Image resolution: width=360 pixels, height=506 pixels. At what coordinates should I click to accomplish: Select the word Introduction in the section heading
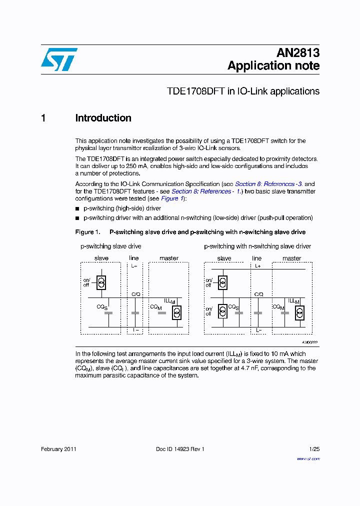coord(103,118)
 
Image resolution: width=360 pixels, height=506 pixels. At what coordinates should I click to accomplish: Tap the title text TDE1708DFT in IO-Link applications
coord(243,91)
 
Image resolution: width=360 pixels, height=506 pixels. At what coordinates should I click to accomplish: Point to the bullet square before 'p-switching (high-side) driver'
coord(77,208)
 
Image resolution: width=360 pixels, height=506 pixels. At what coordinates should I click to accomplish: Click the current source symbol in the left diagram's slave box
coord(101,282)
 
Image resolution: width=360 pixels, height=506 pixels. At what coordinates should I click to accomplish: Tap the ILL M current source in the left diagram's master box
coord(176,312)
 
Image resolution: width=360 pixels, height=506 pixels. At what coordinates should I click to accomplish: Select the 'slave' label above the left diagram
coord(101,258)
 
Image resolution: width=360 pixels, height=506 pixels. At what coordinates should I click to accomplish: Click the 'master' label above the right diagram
coord(291,258)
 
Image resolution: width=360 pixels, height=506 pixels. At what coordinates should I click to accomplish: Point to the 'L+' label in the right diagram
coord(257,266)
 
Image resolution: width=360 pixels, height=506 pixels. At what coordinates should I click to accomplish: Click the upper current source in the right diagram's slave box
coord(223,283)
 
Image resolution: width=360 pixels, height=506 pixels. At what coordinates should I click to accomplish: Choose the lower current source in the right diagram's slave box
coord(223,312)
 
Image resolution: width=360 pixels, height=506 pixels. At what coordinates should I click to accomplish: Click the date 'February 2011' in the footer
coord(58,449)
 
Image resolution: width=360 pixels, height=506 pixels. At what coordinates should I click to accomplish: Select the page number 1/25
coord(314,449)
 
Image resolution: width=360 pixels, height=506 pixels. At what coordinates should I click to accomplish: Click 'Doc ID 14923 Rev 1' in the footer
coord(180,449)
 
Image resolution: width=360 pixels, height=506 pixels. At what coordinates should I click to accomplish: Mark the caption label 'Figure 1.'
coord(87,232)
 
